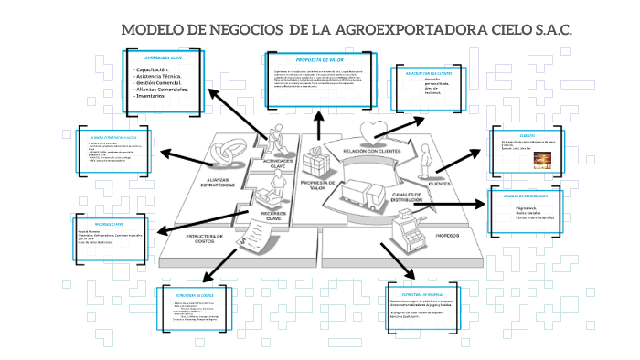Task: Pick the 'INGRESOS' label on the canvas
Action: [x=446, y=235]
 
